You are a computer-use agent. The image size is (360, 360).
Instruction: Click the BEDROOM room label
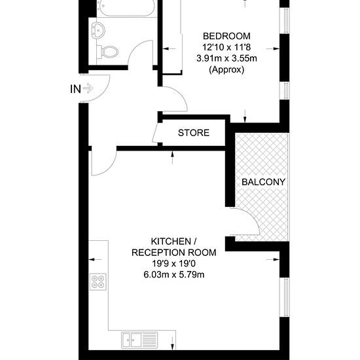coord(226,36)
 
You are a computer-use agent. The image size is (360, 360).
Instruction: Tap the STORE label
coord(194,133)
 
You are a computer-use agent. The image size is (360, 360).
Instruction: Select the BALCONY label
coord(263,182)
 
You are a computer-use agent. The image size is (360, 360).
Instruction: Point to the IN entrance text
coord(75,89)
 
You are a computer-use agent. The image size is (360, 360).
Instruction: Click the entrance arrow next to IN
coord(88,88)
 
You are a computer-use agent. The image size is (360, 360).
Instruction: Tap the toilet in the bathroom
coord(107,52)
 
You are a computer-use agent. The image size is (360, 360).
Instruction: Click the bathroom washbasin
coord(98,30)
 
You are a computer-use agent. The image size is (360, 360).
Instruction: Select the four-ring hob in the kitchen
coord(98,281)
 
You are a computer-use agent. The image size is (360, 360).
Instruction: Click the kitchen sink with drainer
coord(139,340)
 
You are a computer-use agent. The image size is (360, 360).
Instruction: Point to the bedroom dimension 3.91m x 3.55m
coord(226,58)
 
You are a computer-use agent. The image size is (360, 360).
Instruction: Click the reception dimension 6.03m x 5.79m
coord(174,275)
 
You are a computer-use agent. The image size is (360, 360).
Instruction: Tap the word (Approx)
coord(226,69)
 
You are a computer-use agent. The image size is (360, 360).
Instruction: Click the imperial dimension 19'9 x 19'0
coord(174,264)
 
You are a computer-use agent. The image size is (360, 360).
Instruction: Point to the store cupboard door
coord(155,133)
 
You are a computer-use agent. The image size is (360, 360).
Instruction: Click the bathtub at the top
coord(126,8)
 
